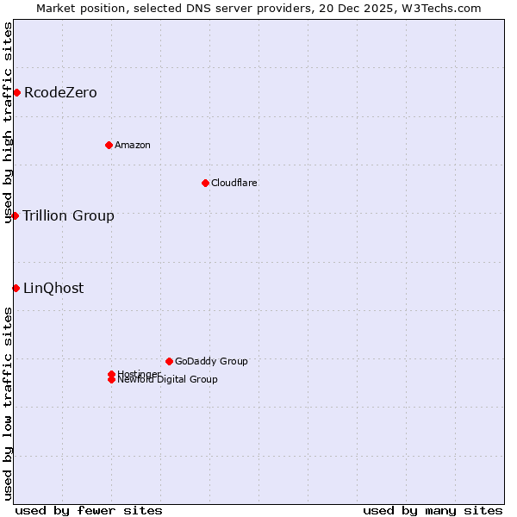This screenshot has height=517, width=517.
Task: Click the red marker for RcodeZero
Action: pos(16,92)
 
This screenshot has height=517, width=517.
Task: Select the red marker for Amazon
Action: pos(109,145)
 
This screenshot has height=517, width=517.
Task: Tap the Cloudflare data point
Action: pos(205,183)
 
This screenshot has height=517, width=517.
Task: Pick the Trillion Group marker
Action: pos(15,215)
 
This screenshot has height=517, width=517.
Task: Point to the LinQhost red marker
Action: pos(16,288)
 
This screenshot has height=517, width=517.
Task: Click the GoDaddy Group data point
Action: pos(169,361)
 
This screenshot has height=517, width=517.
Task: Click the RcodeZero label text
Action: pos(60,92)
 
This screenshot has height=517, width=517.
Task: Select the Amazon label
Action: pos(133,145)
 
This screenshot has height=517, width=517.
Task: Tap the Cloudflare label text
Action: pos(234,183)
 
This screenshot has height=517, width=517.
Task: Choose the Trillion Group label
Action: pos(68,215)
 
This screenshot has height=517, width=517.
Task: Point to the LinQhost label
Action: pos(53,288)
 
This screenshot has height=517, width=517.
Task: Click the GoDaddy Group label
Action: pos(211,361)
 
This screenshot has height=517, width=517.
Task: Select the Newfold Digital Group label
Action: pos(168,380)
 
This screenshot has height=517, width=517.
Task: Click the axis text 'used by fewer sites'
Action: pos(89,510)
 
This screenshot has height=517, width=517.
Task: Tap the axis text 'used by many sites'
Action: pos(433,510)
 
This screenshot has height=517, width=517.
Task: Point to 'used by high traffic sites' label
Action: pos(8,122)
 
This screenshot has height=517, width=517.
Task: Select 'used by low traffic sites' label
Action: pos(8,403)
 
